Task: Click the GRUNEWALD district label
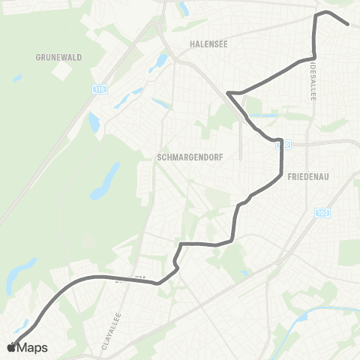click(x=58, y=57)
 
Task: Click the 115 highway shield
click(x=100, y=89)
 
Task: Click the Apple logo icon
click(x=11, y=347)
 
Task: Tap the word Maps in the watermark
click(x=32, y=347)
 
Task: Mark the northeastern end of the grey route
click(x=348, y=24)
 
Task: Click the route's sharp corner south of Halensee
click(x=227, y=93)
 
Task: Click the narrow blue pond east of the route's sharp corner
click(x=262, y=115)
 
